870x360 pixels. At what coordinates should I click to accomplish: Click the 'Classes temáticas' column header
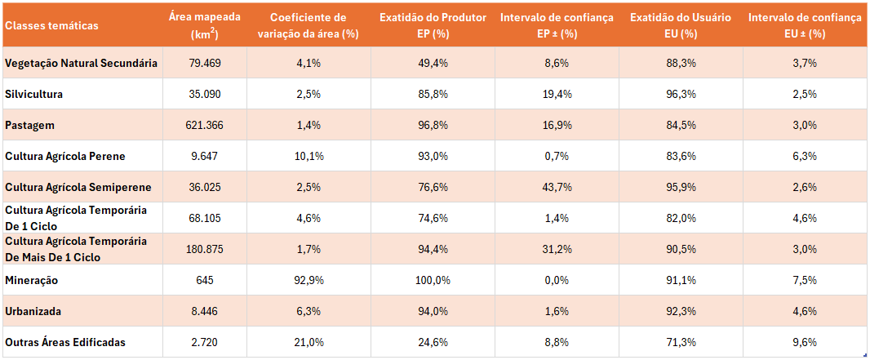point(51,25)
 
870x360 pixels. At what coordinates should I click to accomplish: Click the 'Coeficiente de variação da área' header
point(308,25)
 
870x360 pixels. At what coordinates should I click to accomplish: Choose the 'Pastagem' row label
point(31,125)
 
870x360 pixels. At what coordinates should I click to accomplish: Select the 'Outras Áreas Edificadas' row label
point(65,342)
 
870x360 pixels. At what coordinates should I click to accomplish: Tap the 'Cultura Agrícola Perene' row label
point(65,156)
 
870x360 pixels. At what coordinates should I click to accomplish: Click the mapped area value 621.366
point(204,125)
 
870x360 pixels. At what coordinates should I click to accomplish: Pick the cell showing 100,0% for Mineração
point(433,280)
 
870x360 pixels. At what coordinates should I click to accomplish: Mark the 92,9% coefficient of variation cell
point(309,280)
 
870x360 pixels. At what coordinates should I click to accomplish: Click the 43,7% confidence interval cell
point(557,187)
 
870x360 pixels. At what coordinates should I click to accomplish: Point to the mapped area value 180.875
point(204,249)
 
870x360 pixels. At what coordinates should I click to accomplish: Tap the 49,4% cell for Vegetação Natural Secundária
point(433,63)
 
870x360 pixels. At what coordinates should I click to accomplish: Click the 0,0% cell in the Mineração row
point(557,280)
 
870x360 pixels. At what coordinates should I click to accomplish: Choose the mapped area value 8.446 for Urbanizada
point(204,311)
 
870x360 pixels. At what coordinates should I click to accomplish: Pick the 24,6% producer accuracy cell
point(433,342)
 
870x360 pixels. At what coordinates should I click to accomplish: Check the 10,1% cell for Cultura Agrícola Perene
point(309,156)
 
